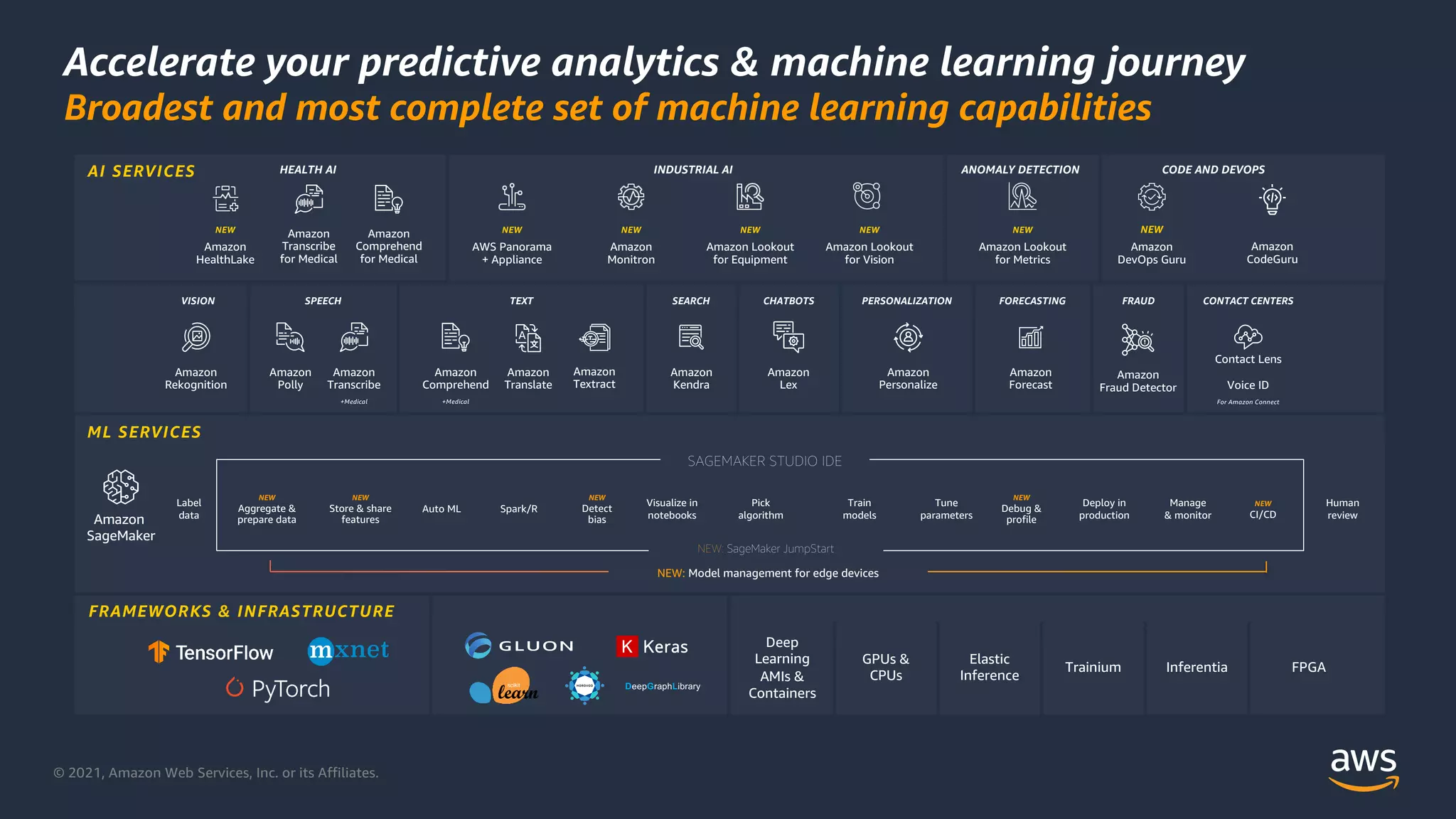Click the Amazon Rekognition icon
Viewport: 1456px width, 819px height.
click(x=196, y=337)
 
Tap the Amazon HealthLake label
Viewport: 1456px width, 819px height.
click(x=225, y=253)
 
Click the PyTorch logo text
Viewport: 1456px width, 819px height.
click(x=290, y=688)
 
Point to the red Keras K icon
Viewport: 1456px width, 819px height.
click(x=626, y=646)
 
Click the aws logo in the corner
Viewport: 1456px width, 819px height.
click(x=1363, y=768)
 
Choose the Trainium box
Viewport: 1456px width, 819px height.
click(x=1093, y=667)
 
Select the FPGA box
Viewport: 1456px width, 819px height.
click(x=1308, y=667)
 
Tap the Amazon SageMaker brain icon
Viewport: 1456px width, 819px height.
click(x=121, y=487)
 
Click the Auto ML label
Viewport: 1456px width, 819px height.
click(x=441, y=509)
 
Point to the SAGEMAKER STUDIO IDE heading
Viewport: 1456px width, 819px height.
click(x=764, y=461)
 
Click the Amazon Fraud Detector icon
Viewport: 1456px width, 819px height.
click(x=1137, y=340)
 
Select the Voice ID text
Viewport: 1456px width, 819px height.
click(x=1248, y=385)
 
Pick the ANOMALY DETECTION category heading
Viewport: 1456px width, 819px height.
click(x=1020, y=170)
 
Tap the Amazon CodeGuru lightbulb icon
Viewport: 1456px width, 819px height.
click(x=1272, y=199)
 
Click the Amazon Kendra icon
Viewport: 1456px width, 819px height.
click(x=691, y=337)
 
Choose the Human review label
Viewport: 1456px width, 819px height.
click(x=1342, y=509)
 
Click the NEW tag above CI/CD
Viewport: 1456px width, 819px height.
click(x=1263, y=503)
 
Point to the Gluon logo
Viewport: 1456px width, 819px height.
click(x=519, y=646)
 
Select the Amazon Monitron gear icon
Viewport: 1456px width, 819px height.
click(x=631, y=197)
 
